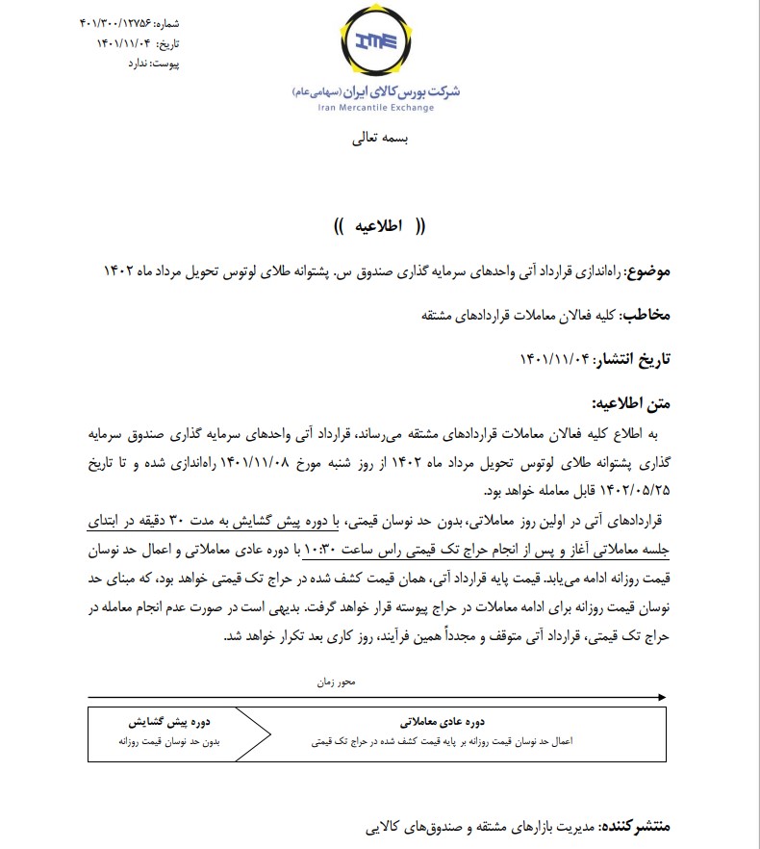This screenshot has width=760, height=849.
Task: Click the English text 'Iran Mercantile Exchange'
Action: [x=375, y=108]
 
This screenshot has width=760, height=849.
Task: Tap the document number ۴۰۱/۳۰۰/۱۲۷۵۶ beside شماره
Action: [x=113, y=22]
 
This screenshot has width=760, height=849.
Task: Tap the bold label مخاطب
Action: [x=646, y=316]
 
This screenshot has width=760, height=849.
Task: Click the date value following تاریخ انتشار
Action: [x=557, y=360]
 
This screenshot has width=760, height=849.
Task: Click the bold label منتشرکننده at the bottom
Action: [x=637, y=826]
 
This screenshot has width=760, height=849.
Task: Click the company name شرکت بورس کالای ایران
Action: [x=405, y=91]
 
